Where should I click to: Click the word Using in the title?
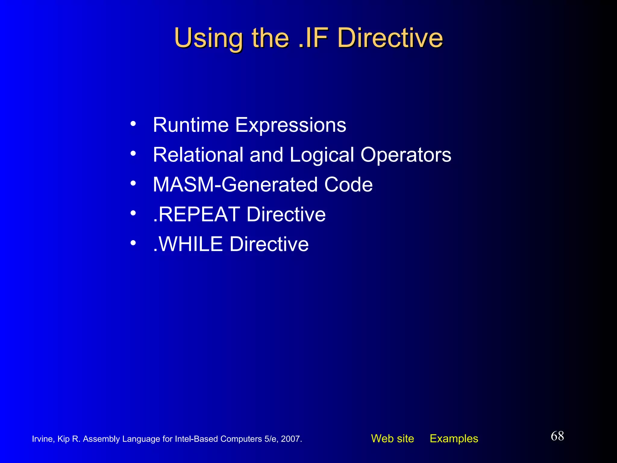tap(208, 38)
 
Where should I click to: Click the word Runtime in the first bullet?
tap(191, 125)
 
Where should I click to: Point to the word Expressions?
tap(290, 125)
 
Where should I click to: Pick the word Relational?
tap(198, 155)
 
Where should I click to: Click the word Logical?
tap(321, 155)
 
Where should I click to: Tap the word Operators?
tap(406, 155)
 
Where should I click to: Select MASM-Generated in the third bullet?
tap(235, 184)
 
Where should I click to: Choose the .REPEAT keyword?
tap(196, 214)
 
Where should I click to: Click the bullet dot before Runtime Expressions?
tap(133, 124)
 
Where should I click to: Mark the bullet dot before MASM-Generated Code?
tap(133, 183)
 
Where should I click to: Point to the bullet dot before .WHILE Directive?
tap(133, 242)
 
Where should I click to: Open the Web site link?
tap(392, 439)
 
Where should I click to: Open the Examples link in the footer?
tap(454, 439)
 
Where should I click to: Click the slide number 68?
tap(557, 436)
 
